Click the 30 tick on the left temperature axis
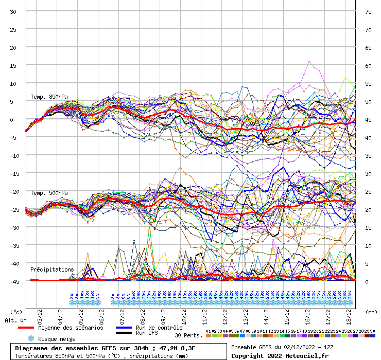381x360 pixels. (13, 12)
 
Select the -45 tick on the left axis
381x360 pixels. (12, 281)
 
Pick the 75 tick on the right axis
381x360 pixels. (368, 12)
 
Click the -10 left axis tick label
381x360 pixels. (12, 155)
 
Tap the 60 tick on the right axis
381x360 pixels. (368, 66)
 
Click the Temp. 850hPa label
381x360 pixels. (49, 97)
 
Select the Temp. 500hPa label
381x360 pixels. (49, 193)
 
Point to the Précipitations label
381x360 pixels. (52, 269)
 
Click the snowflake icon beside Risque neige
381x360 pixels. (31, 338)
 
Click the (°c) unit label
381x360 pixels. (16, 312)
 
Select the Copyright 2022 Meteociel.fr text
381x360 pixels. (280, 355)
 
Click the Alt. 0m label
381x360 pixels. (16, 320)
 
